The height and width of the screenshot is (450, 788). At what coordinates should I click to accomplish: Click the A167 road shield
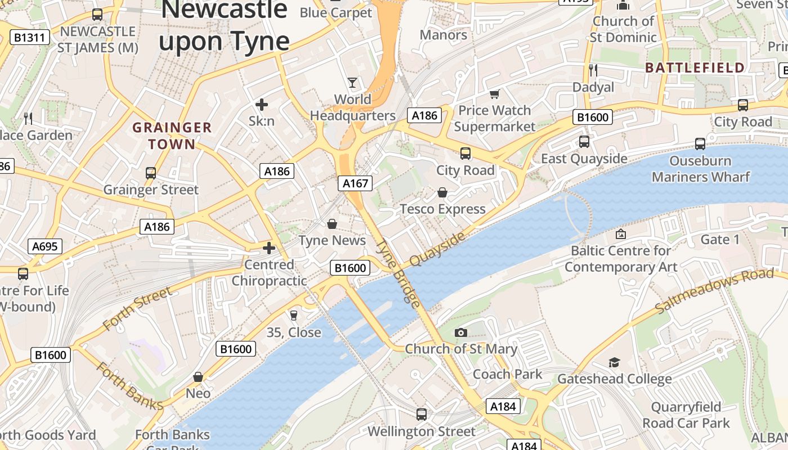coord(356,183)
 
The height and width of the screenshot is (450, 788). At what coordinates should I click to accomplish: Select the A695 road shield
coord(45,246)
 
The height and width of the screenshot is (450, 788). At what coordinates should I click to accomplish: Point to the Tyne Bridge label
coord(399,273)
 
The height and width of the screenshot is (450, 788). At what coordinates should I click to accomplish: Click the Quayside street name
coord(437,249)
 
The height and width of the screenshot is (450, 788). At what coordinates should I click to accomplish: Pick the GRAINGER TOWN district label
coord(172,136)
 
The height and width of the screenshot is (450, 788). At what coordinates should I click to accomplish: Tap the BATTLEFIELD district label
coord(695,68)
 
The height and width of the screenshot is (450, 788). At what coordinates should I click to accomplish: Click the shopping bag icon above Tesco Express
coord(442,193)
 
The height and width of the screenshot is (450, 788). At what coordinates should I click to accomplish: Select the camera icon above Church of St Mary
coord(461,332)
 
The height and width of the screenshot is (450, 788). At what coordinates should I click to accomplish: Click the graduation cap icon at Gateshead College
coord(614,363)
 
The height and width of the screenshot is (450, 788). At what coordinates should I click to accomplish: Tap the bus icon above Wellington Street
coord(422,415)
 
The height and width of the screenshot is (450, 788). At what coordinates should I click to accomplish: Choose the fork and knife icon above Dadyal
coord(593,70)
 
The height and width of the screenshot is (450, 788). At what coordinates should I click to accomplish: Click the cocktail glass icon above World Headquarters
coord(352,83)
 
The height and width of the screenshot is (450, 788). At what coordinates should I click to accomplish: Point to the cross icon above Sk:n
coord(262,104)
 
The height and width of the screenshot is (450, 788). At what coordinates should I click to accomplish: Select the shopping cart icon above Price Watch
coord(494,94)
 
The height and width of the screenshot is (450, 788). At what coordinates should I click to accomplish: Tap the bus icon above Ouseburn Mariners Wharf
coord(700,144)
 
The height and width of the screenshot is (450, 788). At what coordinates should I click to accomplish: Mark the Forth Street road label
coord(137,309)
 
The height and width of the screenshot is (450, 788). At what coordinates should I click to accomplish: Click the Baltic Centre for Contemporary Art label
coord(621,259)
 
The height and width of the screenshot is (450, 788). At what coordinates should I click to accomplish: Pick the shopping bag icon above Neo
coord(198,376)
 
